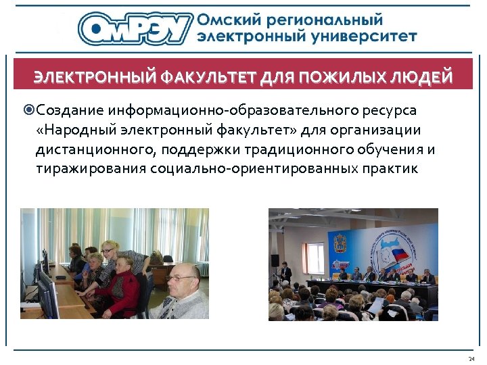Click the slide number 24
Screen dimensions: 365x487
(471, 358)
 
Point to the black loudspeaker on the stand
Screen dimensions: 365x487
(275, 260)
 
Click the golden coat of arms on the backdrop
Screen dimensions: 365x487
(338, 243)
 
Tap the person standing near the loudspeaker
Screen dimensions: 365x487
(286, 274)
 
